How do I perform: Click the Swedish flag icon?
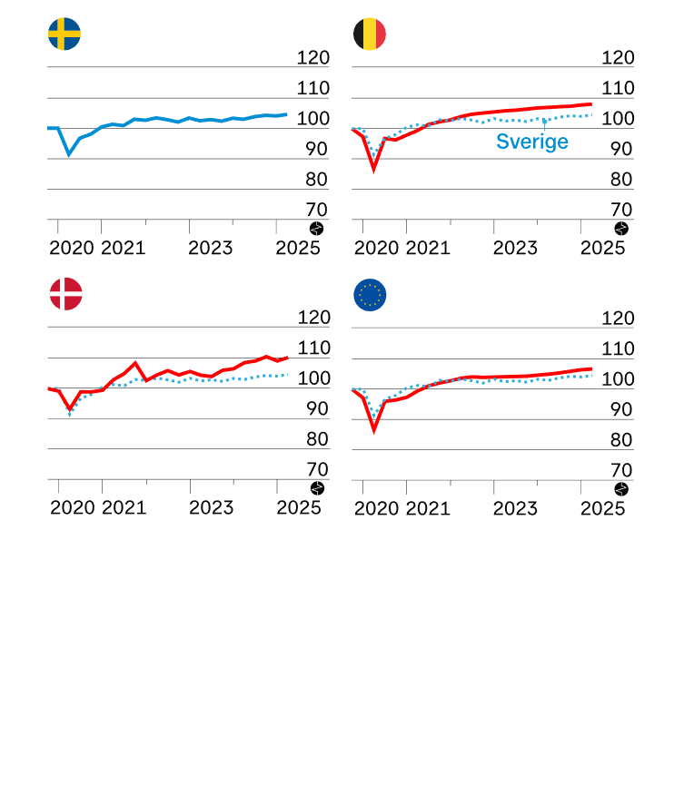[x=64, y=34]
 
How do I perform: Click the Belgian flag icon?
[x=370, y=34]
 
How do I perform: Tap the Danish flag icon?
[x=65, y=294]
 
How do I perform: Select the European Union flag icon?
[x=370, y=294]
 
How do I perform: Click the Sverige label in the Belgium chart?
[x=531, y=142]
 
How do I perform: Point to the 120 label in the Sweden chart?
[x=312, y=58]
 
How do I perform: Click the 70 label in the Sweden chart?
[x=317, y=210]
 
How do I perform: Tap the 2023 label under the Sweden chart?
[x=211, y=248]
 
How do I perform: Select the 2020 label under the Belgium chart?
[x=377, y=248]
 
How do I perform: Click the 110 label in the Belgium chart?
[x=618, y=89]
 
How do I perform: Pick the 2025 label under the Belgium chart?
[x=603, y=248]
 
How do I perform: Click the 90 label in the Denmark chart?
[x=317, y=409]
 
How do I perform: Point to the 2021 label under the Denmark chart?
[x=124, y=507]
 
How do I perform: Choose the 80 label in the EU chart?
[x=622, y=440]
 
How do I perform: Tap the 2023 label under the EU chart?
[x=516, y=507]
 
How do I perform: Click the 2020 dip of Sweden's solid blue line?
[x=69, y=154]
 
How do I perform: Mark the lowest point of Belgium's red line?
[x=373, y=169]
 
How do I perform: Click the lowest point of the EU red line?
[x=373, y=428]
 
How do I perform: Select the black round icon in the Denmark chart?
[x=316, y=488]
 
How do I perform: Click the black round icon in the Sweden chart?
[x=316, y=229]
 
